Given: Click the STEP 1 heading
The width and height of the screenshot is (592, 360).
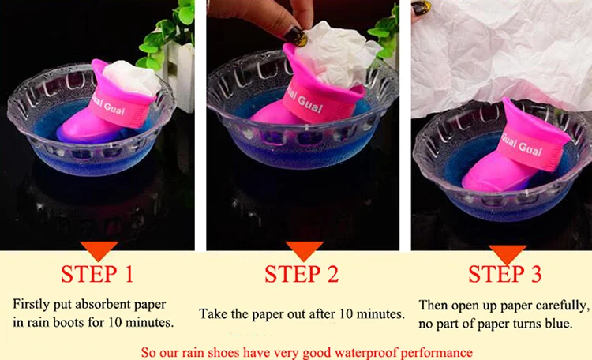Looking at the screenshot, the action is pos(97,274).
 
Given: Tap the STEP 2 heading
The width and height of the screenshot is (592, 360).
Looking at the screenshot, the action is pos(302,274).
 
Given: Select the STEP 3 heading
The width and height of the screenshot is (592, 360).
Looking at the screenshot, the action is pos(505,274).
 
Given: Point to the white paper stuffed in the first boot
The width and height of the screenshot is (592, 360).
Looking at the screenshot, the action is pos(132,79).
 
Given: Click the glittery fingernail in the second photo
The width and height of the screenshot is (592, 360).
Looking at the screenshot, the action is pos(295,36).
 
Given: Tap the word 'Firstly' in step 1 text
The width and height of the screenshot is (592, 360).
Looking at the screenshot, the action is pos(32,305).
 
